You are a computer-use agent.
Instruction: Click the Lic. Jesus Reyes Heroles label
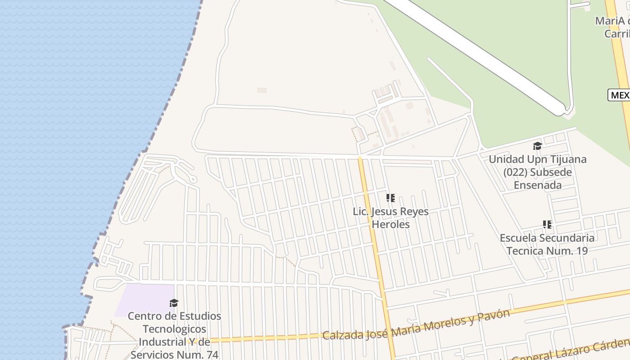(x=391, y=218)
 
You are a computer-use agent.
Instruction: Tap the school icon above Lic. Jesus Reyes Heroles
(x=391, y=198)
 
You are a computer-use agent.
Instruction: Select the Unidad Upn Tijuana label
(x=537, y=172)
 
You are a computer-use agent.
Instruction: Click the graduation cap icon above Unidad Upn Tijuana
(x=537, y=146)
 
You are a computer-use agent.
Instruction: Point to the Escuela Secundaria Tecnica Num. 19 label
(x=547, y=244)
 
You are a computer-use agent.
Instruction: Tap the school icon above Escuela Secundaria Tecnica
(x=547, y=224)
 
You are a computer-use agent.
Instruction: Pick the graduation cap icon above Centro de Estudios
(x=174, y=303)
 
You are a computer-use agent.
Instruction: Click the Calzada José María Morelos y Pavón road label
(x=416, y=325)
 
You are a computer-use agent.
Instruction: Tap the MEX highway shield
(x=619, y=95)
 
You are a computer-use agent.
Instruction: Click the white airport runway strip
(x=477, y=54)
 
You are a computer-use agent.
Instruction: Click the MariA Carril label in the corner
(x=612, y=27)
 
